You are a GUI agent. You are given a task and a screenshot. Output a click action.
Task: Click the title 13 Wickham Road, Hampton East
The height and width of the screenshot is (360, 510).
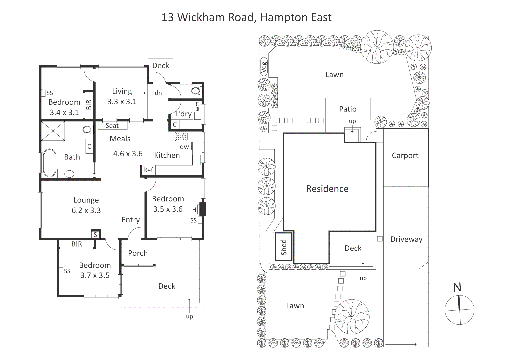pyautogui.click(x=246, y=17)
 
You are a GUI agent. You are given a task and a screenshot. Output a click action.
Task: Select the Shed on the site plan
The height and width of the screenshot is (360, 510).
pyautogui.click(x=284, y=247)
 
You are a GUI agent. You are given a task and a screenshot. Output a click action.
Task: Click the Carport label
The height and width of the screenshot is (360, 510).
pyautogui.click(x=405, y=156)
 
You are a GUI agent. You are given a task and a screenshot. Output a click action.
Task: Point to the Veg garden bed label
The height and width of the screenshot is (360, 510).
pyautogui.click(x=264, y=67)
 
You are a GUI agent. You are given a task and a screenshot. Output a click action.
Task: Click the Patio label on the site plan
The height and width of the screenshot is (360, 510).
pyautogui.click(x=348, y=109)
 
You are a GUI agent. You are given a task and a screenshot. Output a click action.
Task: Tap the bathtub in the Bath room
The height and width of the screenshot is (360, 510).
pyautogui.click(x=50, y=163)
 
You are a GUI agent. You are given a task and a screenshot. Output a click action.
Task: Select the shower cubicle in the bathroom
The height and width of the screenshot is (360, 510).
pyautogui.click(x=53, y=131)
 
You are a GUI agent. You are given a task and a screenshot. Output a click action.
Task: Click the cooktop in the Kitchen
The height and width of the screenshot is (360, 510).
pyautogui.click(x=181, y=136)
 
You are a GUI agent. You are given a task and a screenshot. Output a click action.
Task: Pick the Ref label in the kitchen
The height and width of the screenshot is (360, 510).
pyautogui.click(x=148, y=170)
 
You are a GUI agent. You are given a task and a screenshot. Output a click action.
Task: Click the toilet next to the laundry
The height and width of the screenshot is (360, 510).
pyautogui.click(x=196, y=90)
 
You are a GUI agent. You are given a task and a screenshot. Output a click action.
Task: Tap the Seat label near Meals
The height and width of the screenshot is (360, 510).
pyautogui.click(x=112, y=126)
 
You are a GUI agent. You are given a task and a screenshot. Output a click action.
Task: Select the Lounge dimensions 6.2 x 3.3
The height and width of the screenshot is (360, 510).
pyautogui.click(x=86, y=210)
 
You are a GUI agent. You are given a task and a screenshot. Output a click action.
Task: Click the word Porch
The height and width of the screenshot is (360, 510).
pyautogui.click(x=138, y=253)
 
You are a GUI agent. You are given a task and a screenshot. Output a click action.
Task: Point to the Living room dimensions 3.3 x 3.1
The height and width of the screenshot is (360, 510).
pyautogui.click(x=122, y=102)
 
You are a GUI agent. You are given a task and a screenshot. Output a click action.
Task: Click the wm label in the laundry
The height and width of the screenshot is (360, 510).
pyautogui.click(x=197, y=106)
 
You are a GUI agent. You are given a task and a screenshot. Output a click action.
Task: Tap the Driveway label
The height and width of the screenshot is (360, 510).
pyautogui.click(x=406, y=239)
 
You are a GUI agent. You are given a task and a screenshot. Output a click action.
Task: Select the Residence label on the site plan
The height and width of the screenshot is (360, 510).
pyautogui.click(x=327, y=189)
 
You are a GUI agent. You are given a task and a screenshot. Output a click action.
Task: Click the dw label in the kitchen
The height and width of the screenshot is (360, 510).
pyautogui.click(x=184, y=147)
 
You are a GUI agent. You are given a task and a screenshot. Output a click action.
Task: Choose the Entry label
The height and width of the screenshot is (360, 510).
pyautogui.click(x=130, y=220)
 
